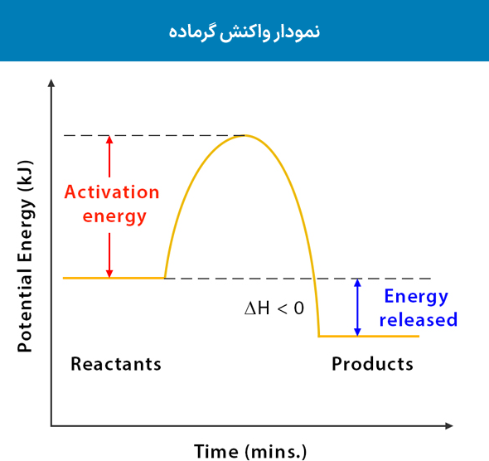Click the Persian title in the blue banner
[x=244, y=32]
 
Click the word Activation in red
[x=112, y=192]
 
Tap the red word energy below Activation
[x=112, y=217]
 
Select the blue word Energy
[x=415, y=297]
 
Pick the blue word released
[x=418, y=320]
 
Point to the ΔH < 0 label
[x=274, y=308]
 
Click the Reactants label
[x=116, y=364]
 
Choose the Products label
[x=372, y=364]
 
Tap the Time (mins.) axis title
[x=250, y=451]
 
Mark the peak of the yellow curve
[x=243, y=135]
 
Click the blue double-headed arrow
[x=357, y=307]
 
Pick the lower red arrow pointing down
[x=109, y=255]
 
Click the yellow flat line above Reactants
[x=114, y=278]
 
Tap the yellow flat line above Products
[x=369, y=336]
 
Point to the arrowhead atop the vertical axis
[x=51, y=83]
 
